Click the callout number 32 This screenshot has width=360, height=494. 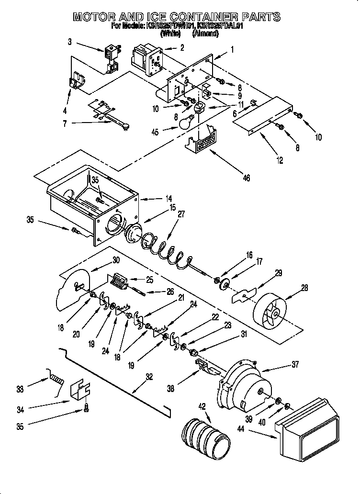pos(149,377)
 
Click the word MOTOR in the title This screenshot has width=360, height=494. pos(94,17)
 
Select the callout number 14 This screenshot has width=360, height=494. pos(168,198)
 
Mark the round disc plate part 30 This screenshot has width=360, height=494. pos(73,290)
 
